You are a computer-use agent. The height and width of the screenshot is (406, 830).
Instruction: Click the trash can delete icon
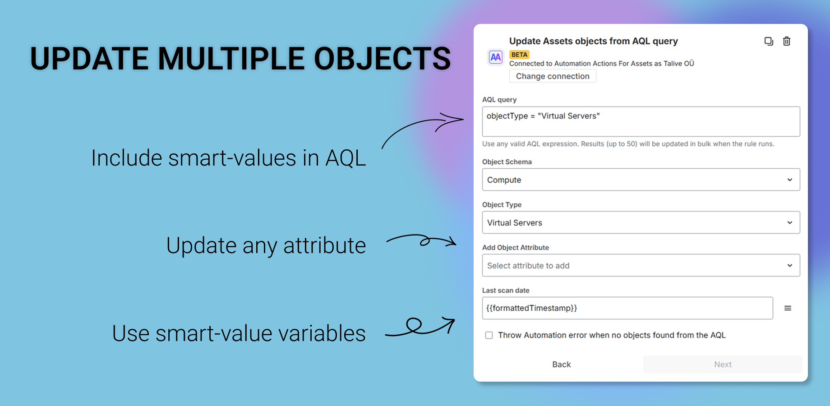click(787, 41)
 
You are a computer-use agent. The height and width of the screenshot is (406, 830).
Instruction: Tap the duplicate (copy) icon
click(769, 42)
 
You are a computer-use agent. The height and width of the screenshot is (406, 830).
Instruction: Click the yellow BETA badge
click(519, 55)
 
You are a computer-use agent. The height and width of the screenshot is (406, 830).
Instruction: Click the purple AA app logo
click(496, 57)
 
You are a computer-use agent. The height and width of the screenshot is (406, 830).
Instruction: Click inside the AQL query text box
click(641, 121)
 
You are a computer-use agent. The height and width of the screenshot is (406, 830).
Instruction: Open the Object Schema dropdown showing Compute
click(641, 180)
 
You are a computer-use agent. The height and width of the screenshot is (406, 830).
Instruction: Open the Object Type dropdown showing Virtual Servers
click(641, 222)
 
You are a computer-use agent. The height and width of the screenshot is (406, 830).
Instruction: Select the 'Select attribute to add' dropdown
click(641, 265)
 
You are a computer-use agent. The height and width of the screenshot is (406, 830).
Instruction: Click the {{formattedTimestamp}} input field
click(627, 308)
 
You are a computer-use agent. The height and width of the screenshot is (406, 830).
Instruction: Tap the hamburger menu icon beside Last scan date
click(788, 308)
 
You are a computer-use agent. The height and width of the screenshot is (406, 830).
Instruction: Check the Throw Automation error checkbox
click(489, 335)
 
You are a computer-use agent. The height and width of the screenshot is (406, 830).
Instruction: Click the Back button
click(562, 364)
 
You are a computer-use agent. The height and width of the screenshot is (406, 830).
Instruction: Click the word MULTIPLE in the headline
click(231, 59)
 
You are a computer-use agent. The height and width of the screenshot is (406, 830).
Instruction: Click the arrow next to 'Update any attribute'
click(422, 240)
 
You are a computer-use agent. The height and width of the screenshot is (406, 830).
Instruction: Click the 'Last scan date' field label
click(506, 291)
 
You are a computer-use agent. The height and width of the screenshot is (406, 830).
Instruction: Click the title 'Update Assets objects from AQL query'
click(594, 41)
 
